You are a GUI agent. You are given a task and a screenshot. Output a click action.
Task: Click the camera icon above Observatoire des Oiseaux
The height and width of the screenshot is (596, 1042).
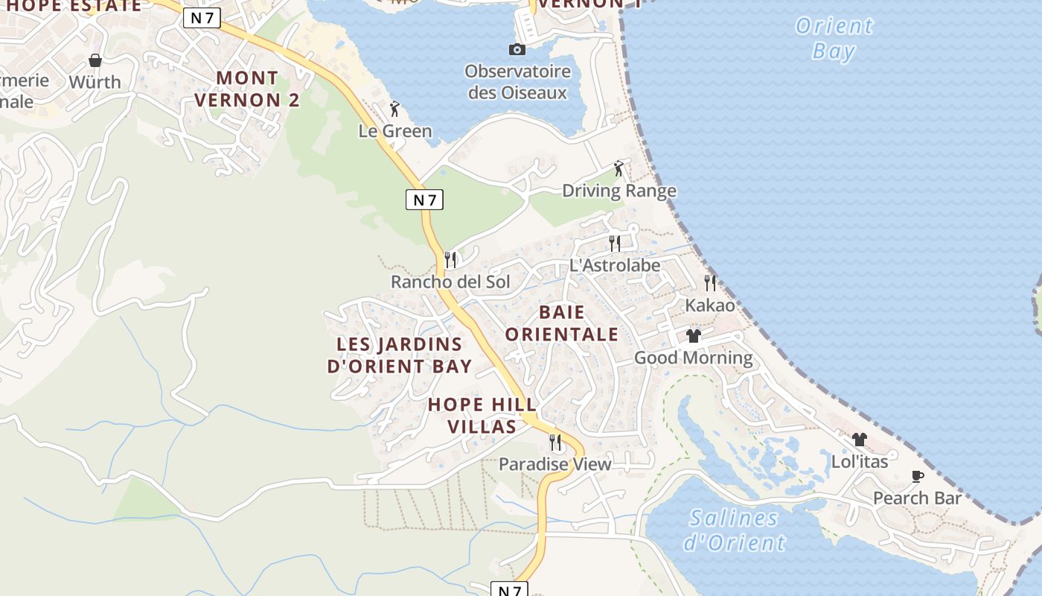[x=517, y=50]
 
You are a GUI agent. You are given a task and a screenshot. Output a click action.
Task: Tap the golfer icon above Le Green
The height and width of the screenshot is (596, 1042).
[x=394, y=110]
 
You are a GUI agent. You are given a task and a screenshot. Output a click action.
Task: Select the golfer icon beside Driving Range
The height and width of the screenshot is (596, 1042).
[x=619, y=169]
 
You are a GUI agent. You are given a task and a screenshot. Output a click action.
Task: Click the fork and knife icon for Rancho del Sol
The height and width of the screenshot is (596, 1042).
[x=450, y=260]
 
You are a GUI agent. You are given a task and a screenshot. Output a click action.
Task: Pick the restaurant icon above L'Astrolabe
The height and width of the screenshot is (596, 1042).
[x=615, y=243]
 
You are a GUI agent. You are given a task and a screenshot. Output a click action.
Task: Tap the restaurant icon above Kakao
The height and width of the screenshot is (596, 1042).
[x=710, y=283]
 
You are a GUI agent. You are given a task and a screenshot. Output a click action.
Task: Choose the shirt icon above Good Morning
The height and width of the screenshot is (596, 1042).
[x=694, y=336]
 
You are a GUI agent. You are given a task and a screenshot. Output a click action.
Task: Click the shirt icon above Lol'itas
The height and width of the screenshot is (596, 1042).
[x=860, y=440]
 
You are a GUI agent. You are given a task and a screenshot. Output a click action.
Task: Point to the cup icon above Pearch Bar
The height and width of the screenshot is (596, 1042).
[x=917, y=476]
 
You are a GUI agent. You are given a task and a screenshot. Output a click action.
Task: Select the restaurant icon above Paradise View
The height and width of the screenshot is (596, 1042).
[x=555, y=443]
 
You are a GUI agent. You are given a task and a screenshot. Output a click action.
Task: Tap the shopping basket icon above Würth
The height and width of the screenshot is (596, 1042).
[x=95, y=60]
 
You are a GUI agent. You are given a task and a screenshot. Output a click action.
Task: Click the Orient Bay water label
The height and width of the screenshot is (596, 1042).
[x=834, y=38]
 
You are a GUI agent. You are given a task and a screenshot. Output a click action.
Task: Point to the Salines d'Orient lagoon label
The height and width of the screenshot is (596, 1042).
[x=734, y=530]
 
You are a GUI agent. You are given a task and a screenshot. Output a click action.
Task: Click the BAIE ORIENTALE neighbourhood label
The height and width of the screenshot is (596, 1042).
[x=562, y=323]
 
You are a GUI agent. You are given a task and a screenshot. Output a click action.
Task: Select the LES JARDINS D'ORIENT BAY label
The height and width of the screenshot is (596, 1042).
[x=400, y=355]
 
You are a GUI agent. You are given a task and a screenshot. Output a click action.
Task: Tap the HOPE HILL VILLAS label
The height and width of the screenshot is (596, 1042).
[x=482, y=415]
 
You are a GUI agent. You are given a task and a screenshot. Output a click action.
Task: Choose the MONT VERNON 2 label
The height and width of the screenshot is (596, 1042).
[x=246, y=89]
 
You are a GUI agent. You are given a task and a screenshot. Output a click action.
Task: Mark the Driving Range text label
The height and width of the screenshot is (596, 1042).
[x=619, y=191]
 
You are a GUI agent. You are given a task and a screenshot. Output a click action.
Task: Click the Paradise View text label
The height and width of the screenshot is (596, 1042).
[x=555, y=464]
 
